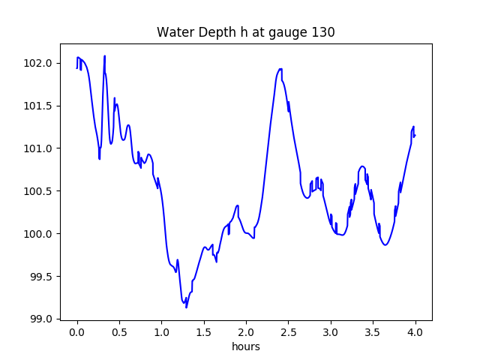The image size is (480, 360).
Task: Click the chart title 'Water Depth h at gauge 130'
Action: coord(245,32)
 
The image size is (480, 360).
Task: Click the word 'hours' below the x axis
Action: coord(245,347)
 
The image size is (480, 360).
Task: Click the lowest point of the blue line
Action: coord(186,307)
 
